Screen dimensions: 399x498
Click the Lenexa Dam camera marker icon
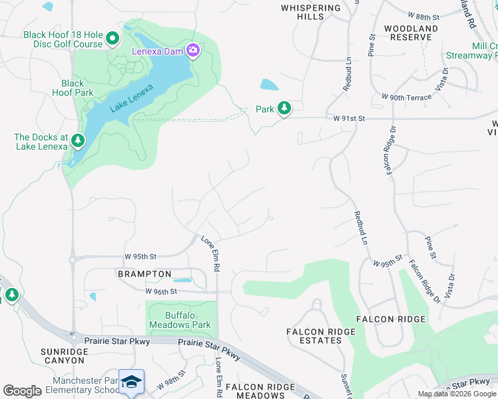(x=193, y=51)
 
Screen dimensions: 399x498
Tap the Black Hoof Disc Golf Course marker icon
(x=112, y=39)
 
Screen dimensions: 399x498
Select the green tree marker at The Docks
(x=79, y=140)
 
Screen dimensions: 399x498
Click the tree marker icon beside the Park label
(x=284, y=108)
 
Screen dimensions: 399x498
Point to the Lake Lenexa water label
(x=132, y=97)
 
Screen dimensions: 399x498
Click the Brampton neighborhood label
(x=144, y=274)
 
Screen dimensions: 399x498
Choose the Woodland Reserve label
(x=411, y=33)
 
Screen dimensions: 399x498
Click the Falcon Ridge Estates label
(x=314, y=336)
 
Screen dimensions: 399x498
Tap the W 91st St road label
(x=350, y=118)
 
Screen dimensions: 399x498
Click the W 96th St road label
(x=160, y=291)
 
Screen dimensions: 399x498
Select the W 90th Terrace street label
(x=406, y=97)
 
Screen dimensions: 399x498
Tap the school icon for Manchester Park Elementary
(x=132, y=381)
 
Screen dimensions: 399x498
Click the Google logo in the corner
(x=22, y=391)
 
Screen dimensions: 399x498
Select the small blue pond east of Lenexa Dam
(x=269, y=84)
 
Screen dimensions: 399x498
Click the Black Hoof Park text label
(x=73, y=88)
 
